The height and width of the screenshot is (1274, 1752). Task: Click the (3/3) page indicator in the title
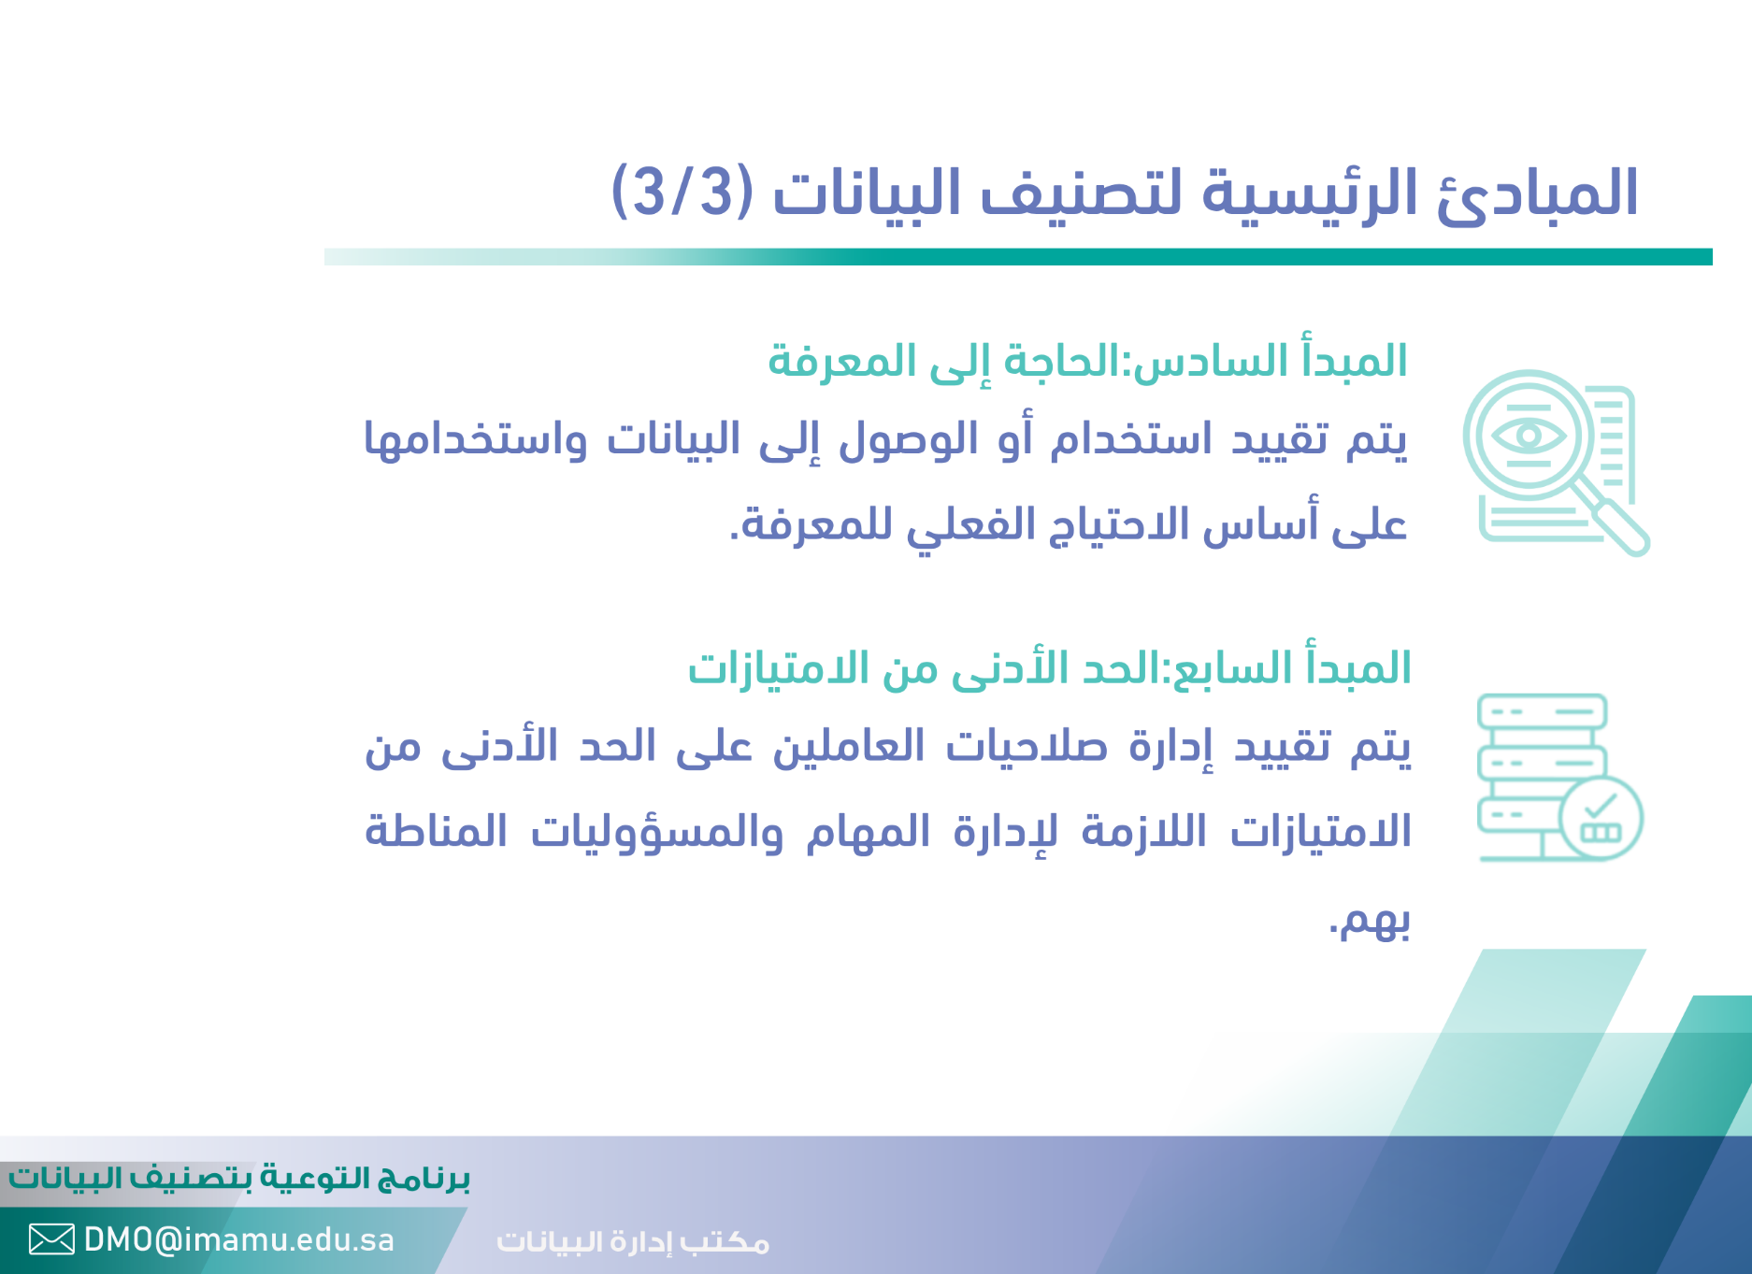[682, 191]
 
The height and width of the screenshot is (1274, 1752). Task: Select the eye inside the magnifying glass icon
[1528, 435]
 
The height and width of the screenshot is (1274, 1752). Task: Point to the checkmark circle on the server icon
[1601, 818]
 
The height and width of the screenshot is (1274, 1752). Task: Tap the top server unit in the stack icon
[1542, 711]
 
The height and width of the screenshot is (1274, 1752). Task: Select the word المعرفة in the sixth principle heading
[841, 361]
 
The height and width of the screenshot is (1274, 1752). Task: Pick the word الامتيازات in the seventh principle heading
[766, 668]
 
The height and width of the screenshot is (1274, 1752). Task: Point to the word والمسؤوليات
[657, 832]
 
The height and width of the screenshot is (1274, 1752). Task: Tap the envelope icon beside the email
[51, 1239]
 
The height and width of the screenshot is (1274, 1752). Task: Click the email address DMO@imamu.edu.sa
[239, 1239]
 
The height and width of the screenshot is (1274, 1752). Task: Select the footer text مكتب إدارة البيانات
[633, 1241]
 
